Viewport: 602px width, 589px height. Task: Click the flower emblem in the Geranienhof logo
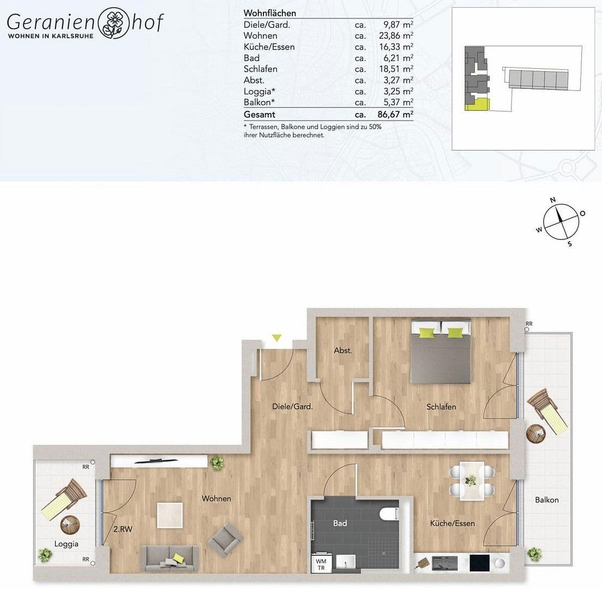tap(113, 23)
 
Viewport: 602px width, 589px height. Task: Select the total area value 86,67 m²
tap(395, 115)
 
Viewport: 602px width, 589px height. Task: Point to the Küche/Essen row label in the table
tap(269, 47)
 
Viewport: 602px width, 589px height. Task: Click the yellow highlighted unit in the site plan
tap(477, 104)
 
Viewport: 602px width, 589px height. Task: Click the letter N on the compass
tap(553, 200)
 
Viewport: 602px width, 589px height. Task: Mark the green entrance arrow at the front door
tap(277, 338)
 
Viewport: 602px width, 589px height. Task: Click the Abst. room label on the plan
tap(343, 351)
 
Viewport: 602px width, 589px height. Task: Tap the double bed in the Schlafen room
tap(441, 352)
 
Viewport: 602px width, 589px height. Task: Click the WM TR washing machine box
tap(321, 564)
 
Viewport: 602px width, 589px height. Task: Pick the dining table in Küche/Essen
tap(472, 480)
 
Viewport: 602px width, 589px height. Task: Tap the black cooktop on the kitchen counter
tap(479, 563)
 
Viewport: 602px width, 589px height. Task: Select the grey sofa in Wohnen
tap(169, 558)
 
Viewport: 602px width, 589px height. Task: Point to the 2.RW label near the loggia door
tap(123, 529)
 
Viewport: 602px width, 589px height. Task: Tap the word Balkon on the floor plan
tap(547, 500)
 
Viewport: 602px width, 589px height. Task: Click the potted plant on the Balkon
tap(534, 554)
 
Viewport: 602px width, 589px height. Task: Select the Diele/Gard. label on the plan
tap(293, 406)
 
